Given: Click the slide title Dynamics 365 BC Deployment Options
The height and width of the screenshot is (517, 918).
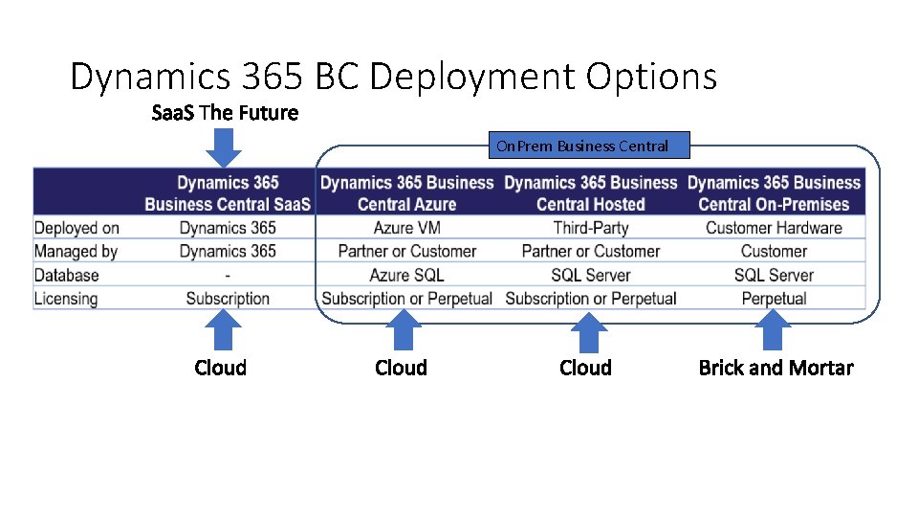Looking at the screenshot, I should tap(393, 77).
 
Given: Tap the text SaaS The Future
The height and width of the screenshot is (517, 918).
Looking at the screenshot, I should tap(225, 113).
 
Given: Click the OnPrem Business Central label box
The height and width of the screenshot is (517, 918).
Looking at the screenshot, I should tap(581, 146).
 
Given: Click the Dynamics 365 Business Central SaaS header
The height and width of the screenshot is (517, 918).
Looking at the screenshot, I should tap(228, 192).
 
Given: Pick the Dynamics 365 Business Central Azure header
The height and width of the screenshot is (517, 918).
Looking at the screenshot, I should tap(406, 192).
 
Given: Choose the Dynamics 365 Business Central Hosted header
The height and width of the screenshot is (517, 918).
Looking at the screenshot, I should tap(590, 192).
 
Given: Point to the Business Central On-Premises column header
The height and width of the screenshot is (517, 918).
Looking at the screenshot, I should tap(774, 192).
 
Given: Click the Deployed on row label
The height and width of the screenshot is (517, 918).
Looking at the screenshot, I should tap(76, 228).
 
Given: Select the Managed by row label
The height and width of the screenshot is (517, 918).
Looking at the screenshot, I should tap(76, 251).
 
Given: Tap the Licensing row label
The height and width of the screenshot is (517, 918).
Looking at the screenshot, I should tap(66, 299).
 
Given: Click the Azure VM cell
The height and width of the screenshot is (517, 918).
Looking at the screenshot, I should tap(406, 228).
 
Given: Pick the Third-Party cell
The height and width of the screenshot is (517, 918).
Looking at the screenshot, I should tap(590, 228).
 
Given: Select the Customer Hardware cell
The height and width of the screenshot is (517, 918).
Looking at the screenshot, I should tap(774, 228).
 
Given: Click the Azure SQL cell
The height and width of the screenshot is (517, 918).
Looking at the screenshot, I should tap(406, 275).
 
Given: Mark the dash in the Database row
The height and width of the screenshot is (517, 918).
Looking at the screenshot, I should tap(228, 275).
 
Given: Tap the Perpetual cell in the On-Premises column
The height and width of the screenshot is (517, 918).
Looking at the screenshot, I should tap(774, 299).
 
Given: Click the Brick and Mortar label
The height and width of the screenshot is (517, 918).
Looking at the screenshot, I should tap(776, 368).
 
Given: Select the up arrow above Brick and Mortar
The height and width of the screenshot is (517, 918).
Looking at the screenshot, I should tap(773, 331).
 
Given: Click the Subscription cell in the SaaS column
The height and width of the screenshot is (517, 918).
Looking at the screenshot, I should tap(228, 299).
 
